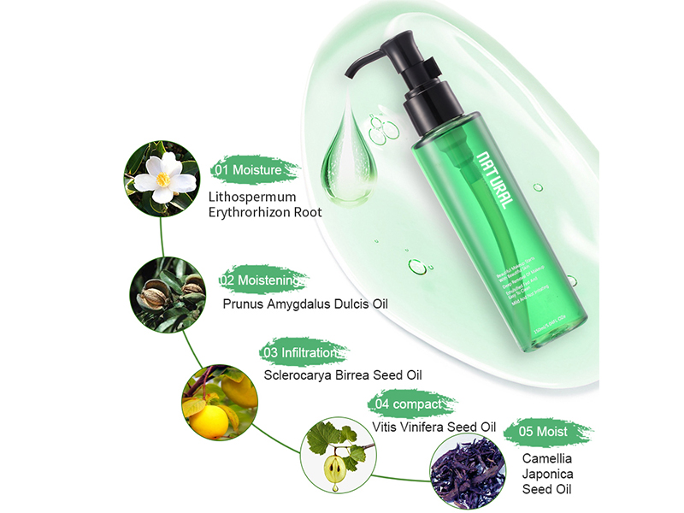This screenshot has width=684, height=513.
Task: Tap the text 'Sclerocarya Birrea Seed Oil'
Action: tap(343, 374)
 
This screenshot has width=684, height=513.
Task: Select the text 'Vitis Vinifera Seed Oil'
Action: tap(434, 426)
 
